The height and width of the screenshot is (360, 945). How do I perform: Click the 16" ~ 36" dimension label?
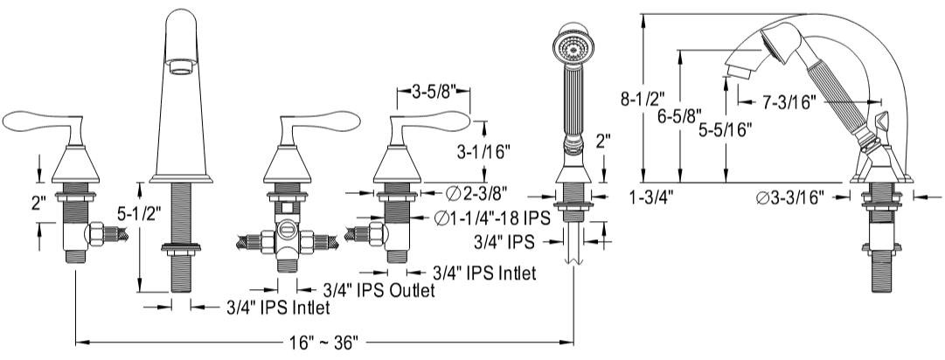[x=324, y=343]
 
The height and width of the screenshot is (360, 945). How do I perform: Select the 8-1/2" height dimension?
[x=643, y=98]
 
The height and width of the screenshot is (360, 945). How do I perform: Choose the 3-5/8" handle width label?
[x=434, y=93]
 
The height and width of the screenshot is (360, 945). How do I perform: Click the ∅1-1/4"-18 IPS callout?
[x=492, y=218]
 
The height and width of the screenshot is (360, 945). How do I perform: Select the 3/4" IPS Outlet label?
[x=379, y=291]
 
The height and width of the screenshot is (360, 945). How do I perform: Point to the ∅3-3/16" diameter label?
[x=789, y=197]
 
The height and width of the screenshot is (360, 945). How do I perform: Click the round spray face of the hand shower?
[x=570, y=47]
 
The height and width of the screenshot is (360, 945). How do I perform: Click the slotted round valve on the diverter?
[x=286, y=231]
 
